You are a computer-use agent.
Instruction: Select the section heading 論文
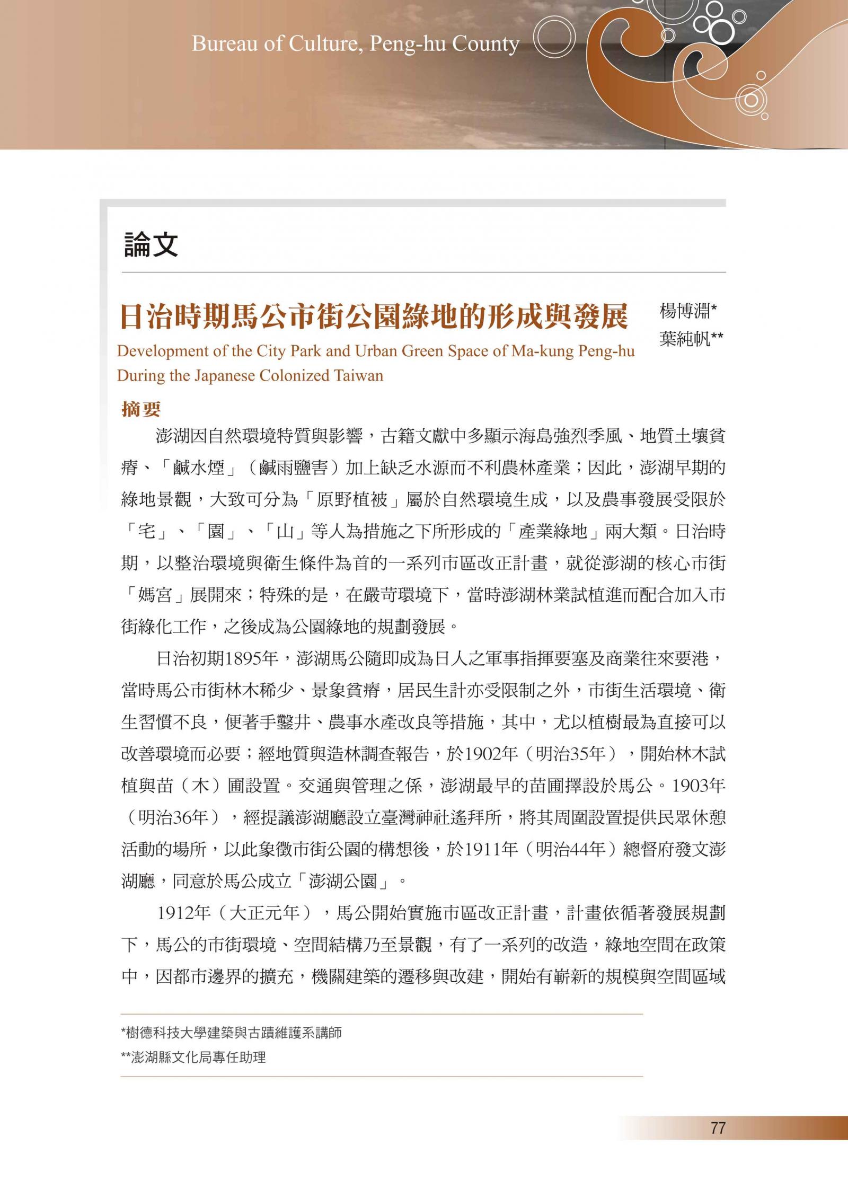[x=151, y=244]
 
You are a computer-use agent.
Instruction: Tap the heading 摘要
[x=141, y=409]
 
